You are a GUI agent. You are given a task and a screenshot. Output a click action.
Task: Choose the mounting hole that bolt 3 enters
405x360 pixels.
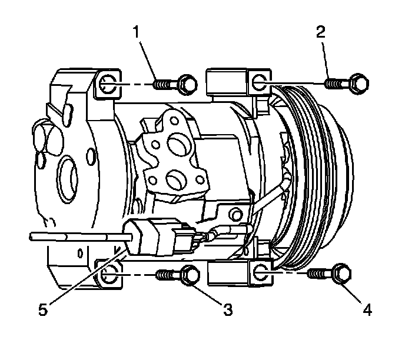(x=108, y=274)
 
